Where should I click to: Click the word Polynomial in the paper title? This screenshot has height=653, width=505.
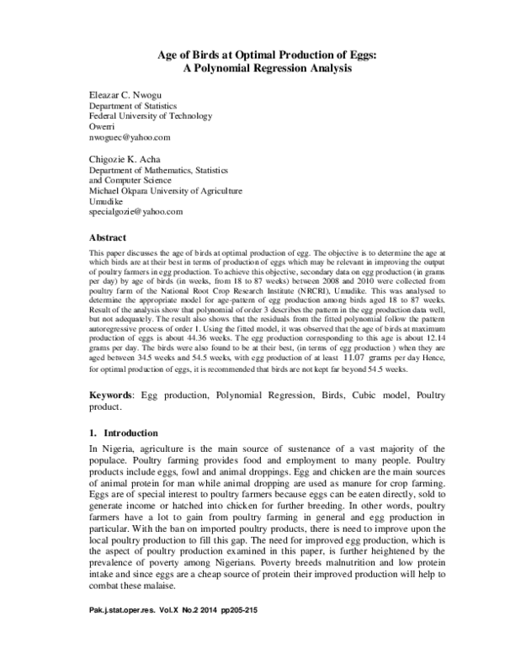coord(226,69)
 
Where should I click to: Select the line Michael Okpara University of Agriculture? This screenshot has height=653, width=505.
coord(167,191)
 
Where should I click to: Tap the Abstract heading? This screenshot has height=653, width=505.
coord(108,238)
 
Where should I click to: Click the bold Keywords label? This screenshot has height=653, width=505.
coord(112,395)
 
